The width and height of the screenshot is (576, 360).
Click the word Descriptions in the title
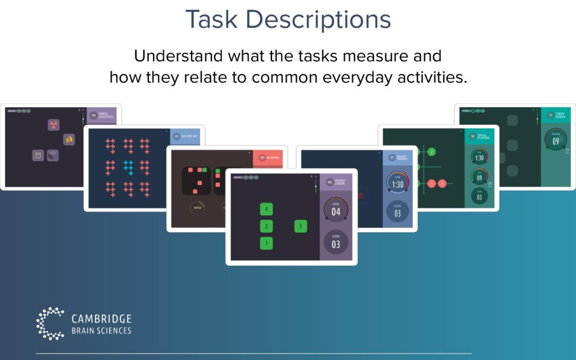(x=318, y=20)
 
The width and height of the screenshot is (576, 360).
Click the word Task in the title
(x=212, y=20)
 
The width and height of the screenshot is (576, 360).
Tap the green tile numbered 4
(x=266, y=209)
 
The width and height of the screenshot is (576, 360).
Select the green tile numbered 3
(x=300, y=226)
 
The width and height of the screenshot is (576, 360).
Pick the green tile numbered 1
(x=266, y=243)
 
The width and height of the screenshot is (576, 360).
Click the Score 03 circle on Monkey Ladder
(x=336, y=243)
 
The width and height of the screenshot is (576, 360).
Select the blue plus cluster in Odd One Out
(x=128, y=168)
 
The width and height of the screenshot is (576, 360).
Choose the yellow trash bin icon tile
(x=69, y=139)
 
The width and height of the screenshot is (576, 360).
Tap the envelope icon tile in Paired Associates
(x=38, y=155)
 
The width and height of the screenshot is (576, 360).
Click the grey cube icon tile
(x=52, y=155)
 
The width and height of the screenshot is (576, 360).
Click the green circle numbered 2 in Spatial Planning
(x=431, y=152)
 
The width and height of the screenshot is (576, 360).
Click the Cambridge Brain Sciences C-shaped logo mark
(x=49, y=323)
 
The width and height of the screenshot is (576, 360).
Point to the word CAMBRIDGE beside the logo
(x=101, y=319)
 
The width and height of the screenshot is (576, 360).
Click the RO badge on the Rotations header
(x=262, y=158)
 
